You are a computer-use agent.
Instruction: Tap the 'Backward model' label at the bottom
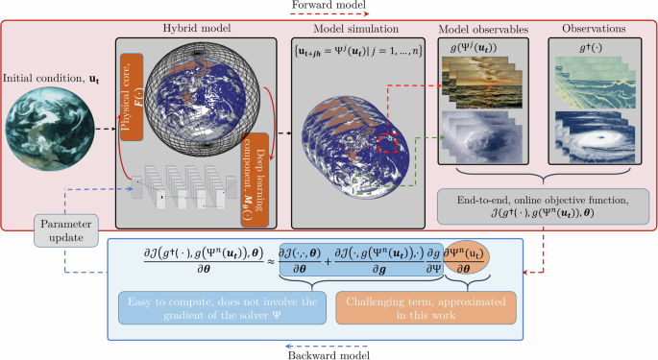[x=327, y=352]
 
